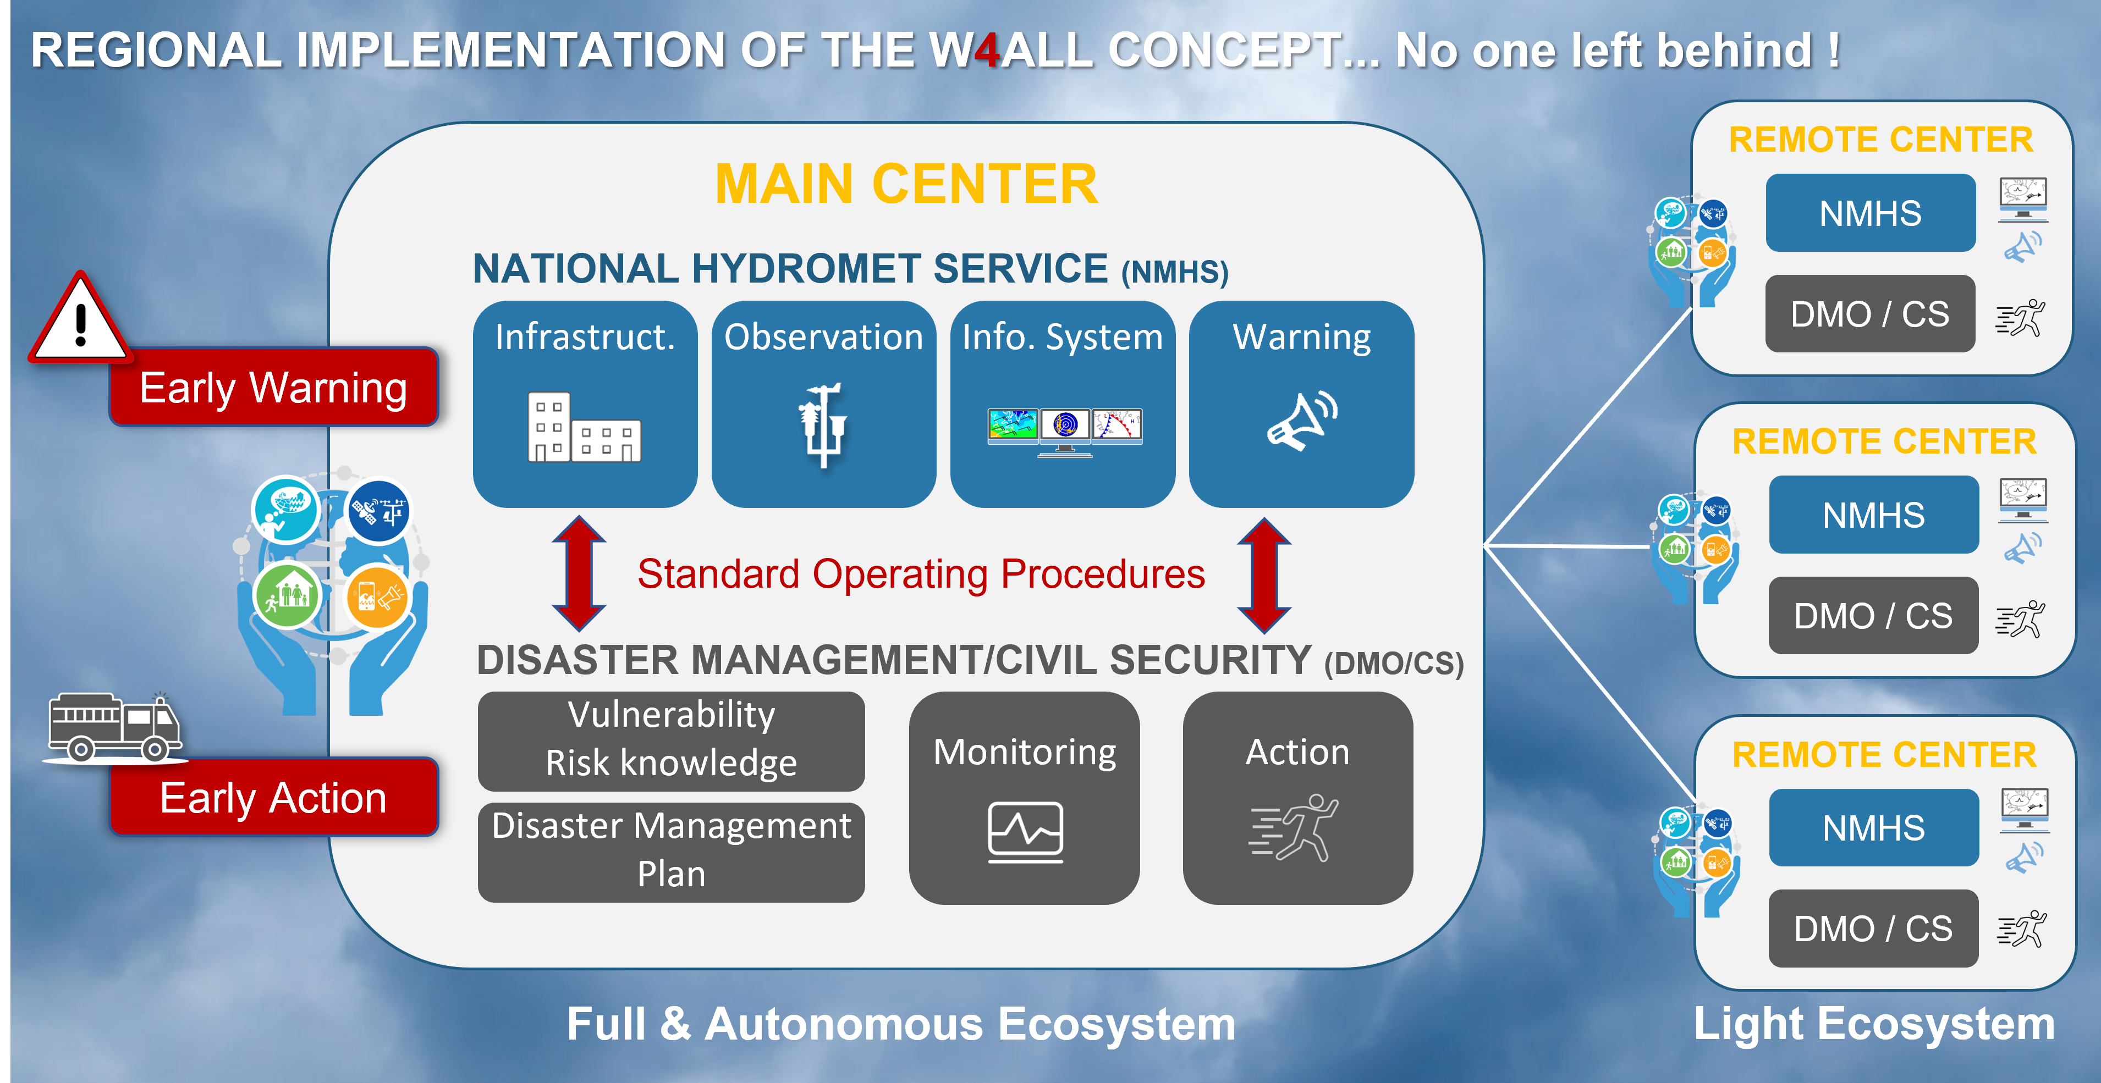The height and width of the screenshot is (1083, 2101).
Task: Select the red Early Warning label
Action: click(274, 388)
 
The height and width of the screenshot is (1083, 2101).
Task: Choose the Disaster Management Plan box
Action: click(671, 852)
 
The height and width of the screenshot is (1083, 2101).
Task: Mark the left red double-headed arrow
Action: click(578, 573)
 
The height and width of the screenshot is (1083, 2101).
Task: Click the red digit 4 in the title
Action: click(987, 51)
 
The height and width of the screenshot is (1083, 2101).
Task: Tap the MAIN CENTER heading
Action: click(906, 184)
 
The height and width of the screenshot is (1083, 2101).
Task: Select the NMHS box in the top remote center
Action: click(1870, 213)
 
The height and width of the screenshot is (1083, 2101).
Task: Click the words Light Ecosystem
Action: click(1873, 1024)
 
